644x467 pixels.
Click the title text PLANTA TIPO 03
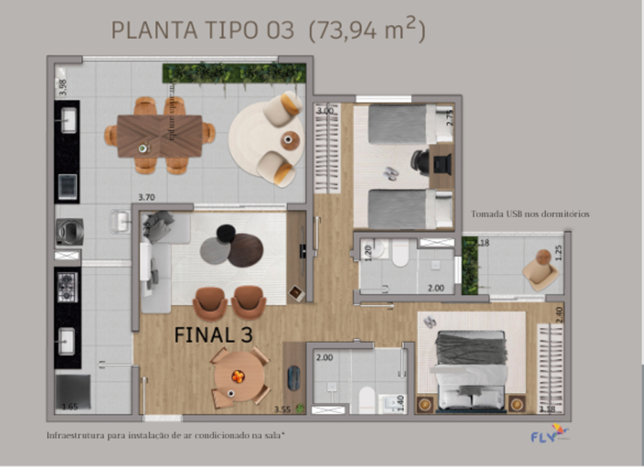(x=203, y=30)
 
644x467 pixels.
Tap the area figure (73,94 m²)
(x=367, y=30)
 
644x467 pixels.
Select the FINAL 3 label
(x=213, y=334)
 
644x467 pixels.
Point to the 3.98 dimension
(x=62, y=86)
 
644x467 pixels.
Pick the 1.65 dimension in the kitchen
(x=70, y=407)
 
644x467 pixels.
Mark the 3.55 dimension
(x=281, y=409)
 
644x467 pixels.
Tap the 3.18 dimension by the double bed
(x=547, y=409)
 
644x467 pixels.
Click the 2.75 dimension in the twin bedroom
(x=450, y=117)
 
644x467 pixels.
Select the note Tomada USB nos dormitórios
(x=530, y=214)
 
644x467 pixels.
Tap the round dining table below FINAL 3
(x=239, y=376)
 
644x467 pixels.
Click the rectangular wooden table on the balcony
(x=160, y=136)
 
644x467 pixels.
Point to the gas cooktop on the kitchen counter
(x=67, y=288)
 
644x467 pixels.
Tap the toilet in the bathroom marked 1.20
(x=401, y=253)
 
